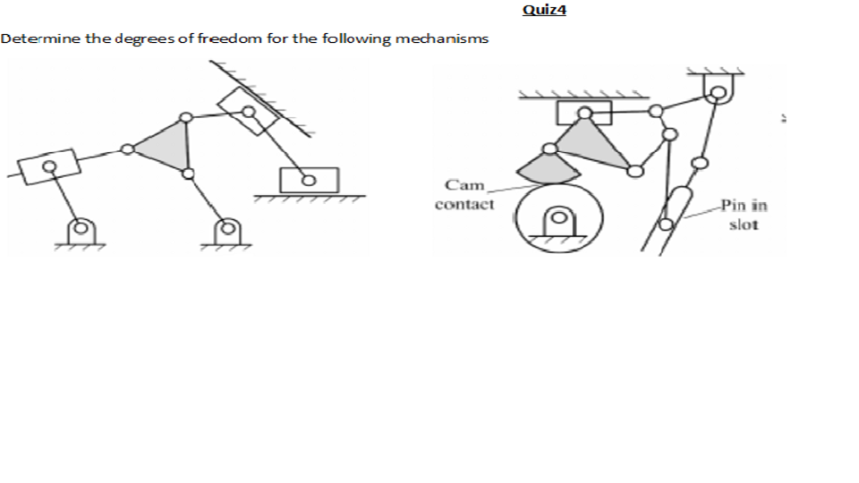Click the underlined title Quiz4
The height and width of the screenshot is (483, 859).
click(544, 11)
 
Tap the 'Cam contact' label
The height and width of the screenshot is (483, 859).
click(464, 195)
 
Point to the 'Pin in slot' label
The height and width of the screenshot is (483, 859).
click(744, 215)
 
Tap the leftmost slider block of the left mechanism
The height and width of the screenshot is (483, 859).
click(49, 166)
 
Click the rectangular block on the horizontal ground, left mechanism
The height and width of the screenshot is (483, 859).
click(309, 180)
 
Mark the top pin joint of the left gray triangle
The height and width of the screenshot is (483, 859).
click(185, 117)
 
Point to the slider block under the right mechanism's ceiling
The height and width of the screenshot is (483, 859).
click(583, 113)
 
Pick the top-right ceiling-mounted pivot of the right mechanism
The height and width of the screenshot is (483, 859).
click(716, 88)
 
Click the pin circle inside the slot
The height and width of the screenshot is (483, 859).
click(667, 225)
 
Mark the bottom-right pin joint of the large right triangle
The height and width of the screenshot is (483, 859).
click(634, 170)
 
